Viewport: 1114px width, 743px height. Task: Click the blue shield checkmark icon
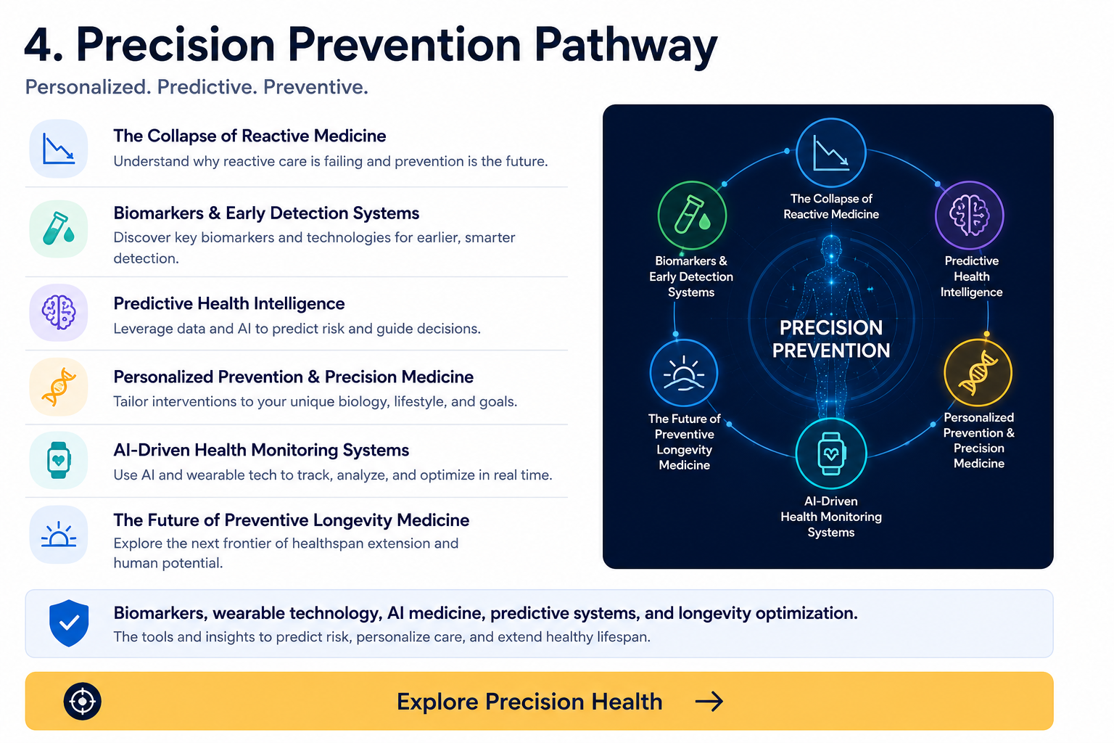(69, 623)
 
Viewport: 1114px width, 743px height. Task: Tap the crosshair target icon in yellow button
(83, 701)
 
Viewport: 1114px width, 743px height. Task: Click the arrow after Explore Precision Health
(709, 701)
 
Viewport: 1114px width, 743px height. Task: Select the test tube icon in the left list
(59, 229)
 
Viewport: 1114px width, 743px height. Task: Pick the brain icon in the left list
(59, 312)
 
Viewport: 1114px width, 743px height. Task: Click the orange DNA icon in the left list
(59, 386)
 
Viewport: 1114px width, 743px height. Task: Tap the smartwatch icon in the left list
(59, 460)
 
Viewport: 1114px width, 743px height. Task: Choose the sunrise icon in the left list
(59, 535)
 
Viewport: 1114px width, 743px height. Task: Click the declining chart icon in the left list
(59, 148)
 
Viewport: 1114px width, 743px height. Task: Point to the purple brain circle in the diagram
(969, 215)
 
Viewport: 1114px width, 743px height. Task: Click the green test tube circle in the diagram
(692, 215)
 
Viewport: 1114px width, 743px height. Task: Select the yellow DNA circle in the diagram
(978, 373)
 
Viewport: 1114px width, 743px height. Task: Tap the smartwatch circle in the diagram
(831, 453)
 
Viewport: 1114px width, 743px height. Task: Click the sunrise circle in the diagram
(684, 373)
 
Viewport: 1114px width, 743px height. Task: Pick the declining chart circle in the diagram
(831, 152)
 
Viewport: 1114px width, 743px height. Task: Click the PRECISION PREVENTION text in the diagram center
(831, 339)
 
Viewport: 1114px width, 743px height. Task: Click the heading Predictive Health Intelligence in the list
(228, 303)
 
